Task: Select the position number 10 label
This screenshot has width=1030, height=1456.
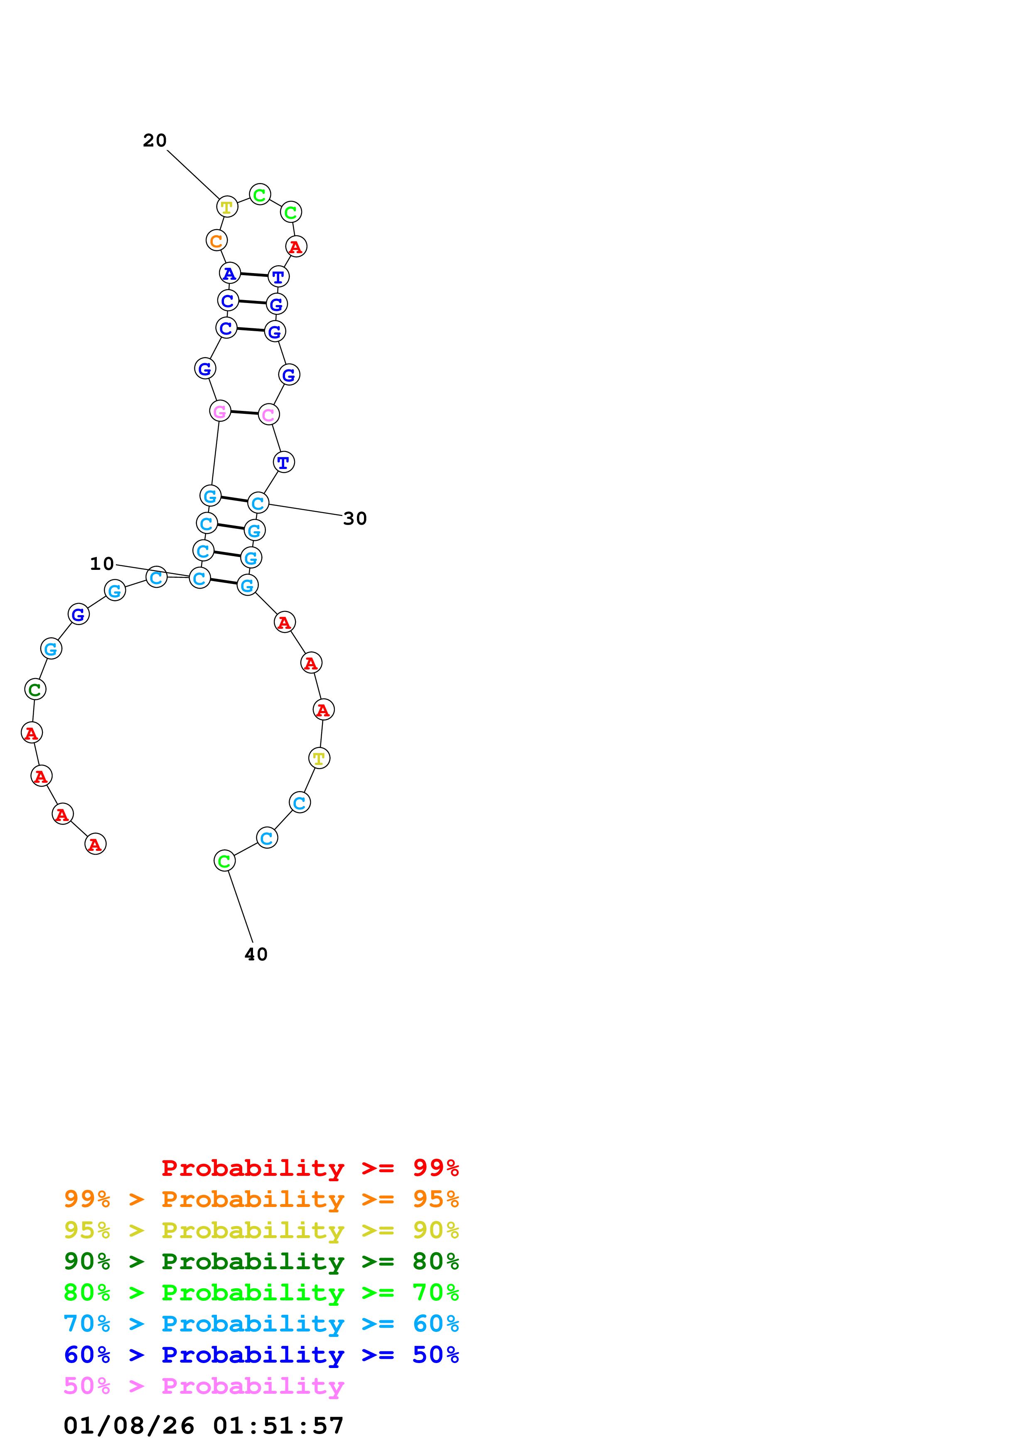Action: [x=101, y=564]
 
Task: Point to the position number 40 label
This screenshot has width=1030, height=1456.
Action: [x=256, y=954]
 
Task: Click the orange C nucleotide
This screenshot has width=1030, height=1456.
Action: [x=216, y=240]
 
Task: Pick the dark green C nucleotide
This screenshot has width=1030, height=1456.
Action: [x=35, y=689]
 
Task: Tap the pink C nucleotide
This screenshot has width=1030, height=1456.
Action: [x=268, y=415]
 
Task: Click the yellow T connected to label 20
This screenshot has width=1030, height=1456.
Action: [x=226, y=207]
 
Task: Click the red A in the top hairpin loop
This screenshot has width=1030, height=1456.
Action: [x=296, y=247]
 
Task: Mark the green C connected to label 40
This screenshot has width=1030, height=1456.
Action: [x=224, y=861]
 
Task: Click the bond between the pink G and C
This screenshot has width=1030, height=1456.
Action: [x=244, y=413]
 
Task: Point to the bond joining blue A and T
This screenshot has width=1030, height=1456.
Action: [x=254, y=275]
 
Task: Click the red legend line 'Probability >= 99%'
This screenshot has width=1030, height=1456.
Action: [x=310, y=1168]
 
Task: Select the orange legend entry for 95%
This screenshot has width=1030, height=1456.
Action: [x=261, y=1199]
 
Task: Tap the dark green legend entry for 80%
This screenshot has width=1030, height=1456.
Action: [x=261, y=1261]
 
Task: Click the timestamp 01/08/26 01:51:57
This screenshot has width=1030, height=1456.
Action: [x=204, y=1426]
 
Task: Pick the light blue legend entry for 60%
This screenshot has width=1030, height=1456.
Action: [x=261, y=1324]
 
